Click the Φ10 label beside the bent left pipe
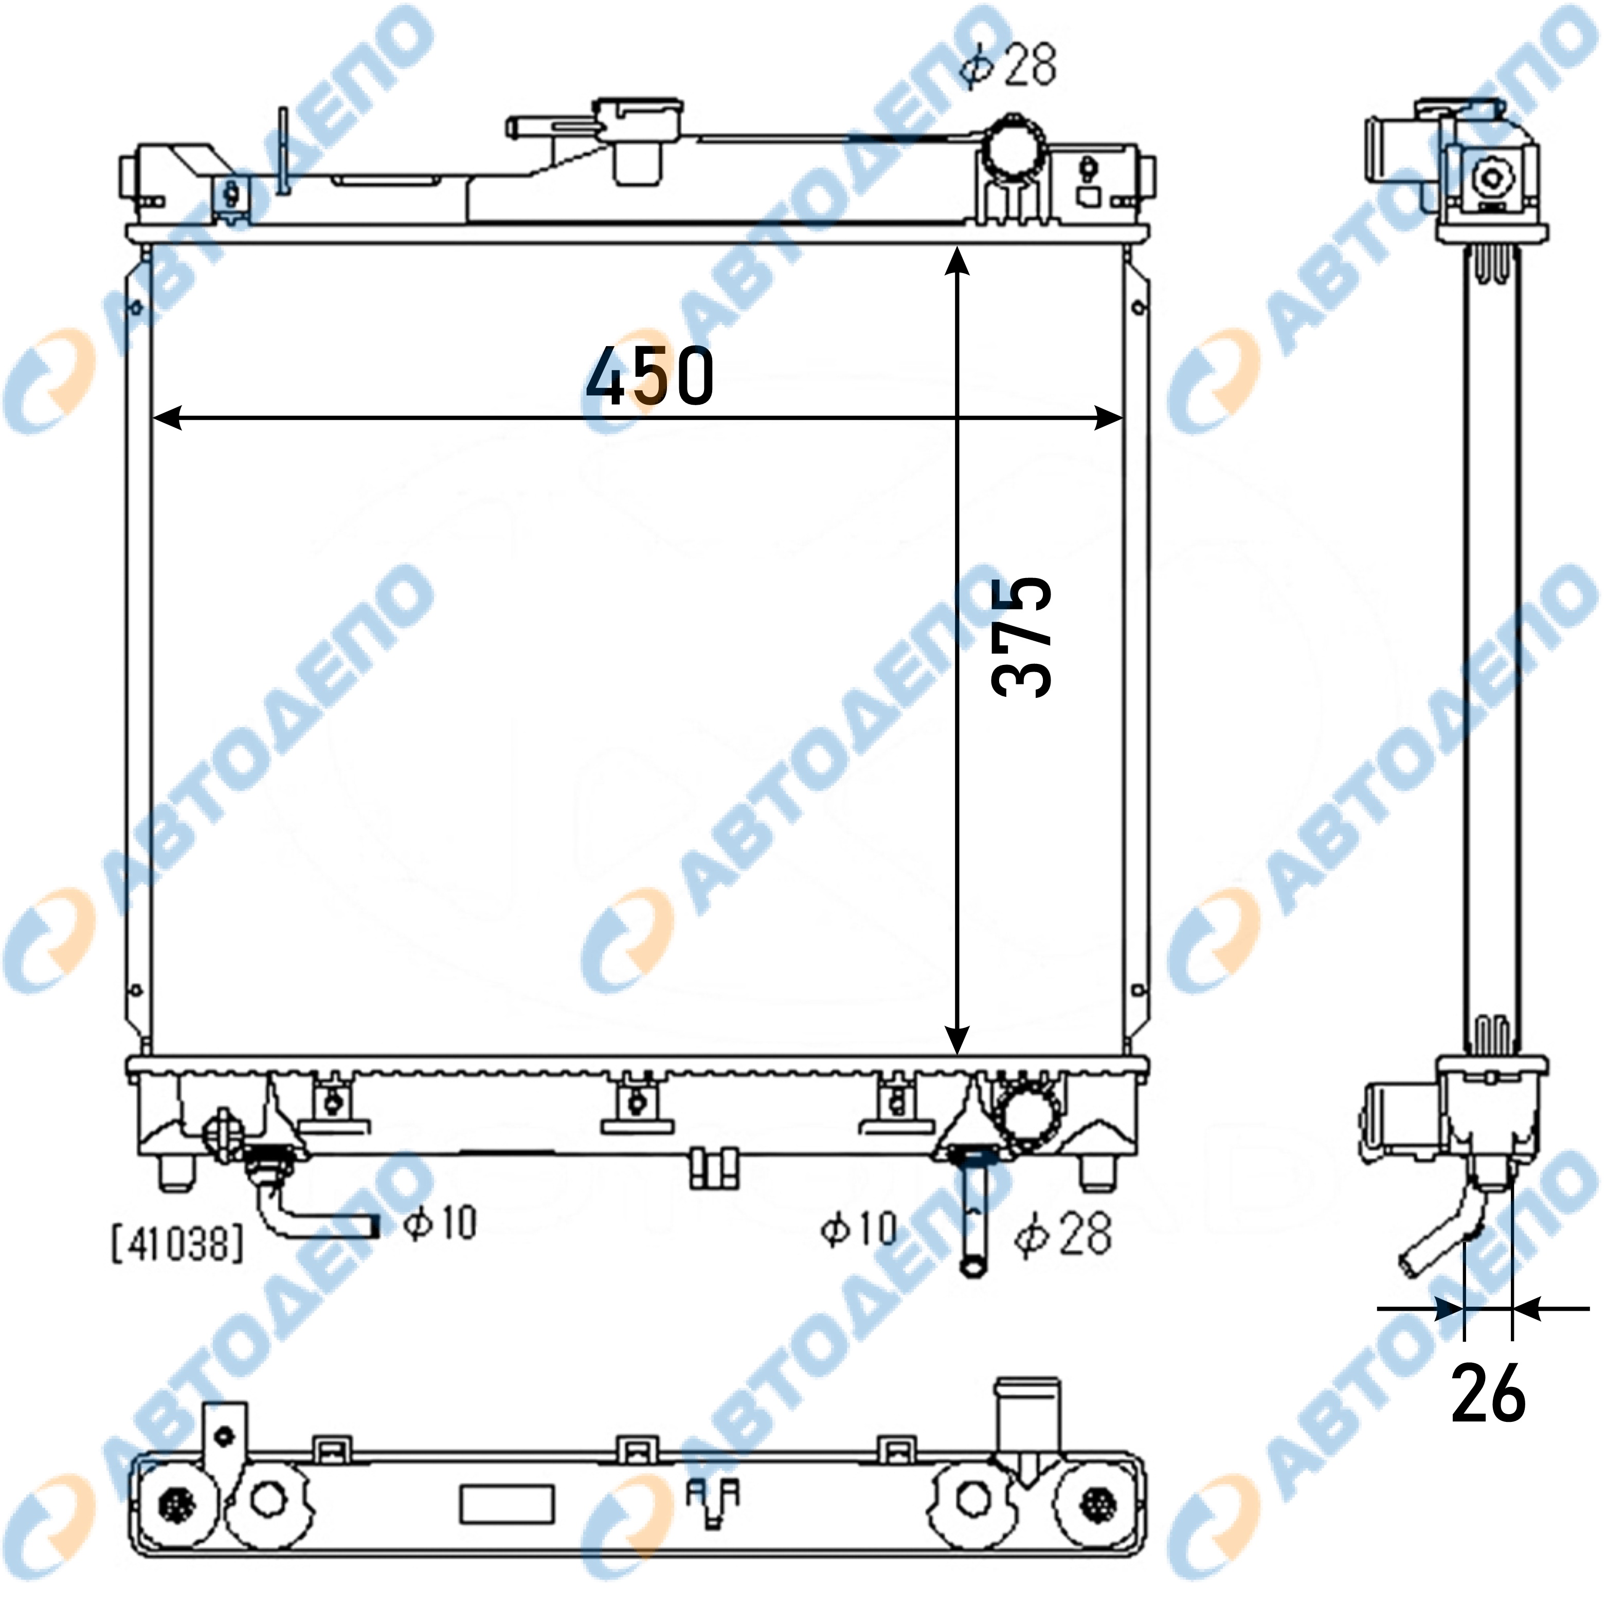(x=440, y=1223)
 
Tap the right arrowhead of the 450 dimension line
(x=1109, y=419)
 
